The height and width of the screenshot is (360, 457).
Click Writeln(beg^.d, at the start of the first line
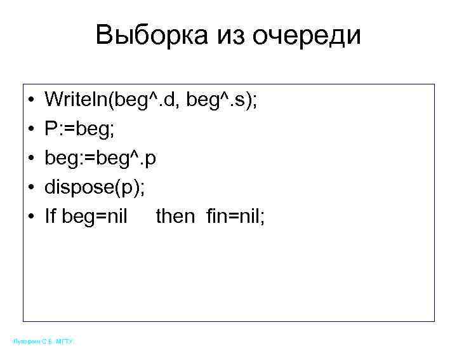[113, 99]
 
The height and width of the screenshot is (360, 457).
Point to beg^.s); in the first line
[222, 99]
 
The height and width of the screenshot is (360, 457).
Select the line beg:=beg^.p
[100, 158]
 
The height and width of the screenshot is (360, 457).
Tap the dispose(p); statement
[89, 187]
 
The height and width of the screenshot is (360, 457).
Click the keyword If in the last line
[50, 217]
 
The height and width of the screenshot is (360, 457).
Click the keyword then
[175, 217]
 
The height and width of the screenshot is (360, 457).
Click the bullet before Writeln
[31, 100]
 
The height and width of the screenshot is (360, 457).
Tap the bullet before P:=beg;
[31, 129]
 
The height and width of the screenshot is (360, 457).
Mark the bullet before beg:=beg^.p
[31, 158]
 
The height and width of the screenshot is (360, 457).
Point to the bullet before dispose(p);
[31, 187]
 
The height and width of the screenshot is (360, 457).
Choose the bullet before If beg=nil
[31, 217]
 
